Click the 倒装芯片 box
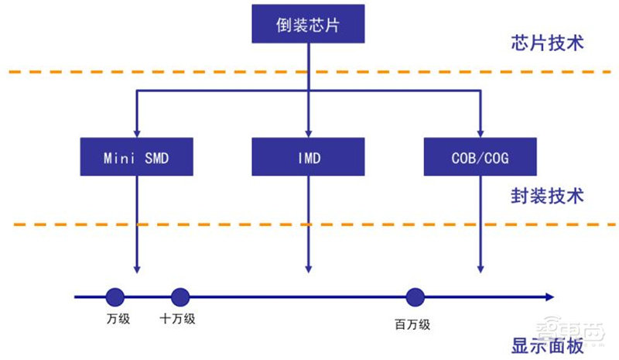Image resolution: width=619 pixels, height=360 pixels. pyautogui.click(x=308, y=24)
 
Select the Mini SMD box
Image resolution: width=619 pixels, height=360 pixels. pyautogui.click(x=136, y=158)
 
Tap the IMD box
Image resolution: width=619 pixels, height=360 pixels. pyautogui.click(x=308, y=158)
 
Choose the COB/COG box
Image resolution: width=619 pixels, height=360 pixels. pyautogui.click(x=480, y=158)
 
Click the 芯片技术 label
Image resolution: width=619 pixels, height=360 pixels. pyautogui.click(x=547, y=43)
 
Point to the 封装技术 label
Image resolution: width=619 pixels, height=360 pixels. pyautogui.click(x=547, y=197)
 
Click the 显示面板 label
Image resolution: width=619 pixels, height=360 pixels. pyautogui.click(x=548, y=346)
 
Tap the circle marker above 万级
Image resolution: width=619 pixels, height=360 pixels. pyautogui.click(x=115, y=297)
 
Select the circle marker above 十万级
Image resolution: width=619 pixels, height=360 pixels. pyautogui.click(x=180, y=297)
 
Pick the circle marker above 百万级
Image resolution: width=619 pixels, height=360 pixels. pyautogui.click(x=415, y=297)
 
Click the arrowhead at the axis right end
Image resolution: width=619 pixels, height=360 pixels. pyautogui.click(x=548, y=297)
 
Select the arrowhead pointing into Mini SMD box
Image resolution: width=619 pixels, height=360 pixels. pyautogui.click(x=136, y=134)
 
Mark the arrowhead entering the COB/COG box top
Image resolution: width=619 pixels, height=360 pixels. pyautogui.click(x=480, y=134)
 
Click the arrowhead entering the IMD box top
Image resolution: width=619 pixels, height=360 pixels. pyautogui.click(x=308, y=134)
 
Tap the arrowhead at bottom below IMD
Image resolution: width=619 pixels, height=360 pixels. pyautogui.click(x=308, y=269)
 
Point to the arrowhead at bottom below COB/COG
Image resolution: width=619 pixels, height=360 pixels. pyautogui.click(x=480, y=269)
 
